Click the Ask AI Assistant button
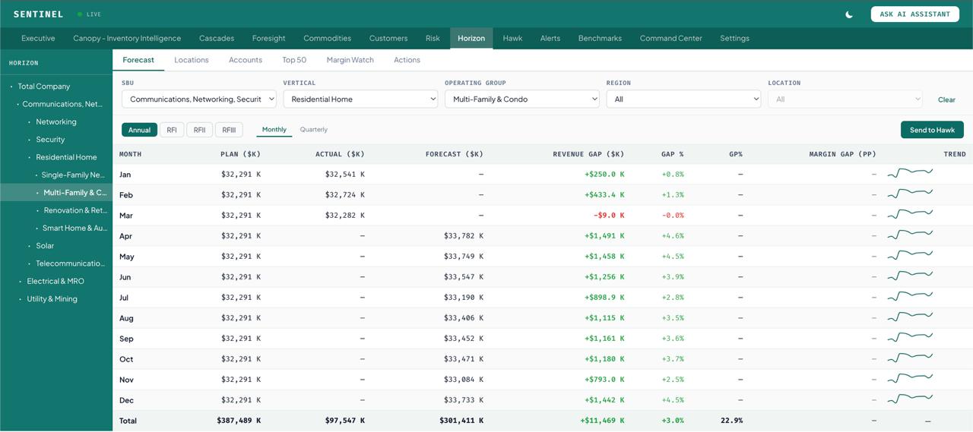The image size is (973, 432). (914, 14)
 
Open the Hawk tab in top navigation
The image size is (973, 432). (512, 38)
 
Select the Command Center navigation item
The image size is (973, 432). (670, 38)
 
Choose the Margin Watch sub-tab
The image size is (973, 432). (350, 60)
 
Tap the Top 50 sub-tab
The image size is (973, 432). (294, 60)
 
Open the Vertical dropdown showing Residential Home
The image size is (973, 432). (360, 99)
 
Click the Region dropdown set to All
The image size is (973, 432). (683, 99)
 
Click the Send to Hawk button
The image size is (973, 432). (932, 130)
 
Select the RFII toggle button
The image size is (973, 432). (199, 130)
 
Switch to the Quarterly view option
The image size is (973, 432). (313, 130)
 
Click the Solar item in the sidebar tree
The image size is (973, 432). (45, 246)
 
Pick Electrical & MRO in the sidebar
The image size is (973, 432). (55, 281)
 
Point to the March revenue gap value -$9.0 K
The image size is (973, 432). (609, 216)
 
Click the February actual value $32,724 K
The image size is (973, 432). (344, 195)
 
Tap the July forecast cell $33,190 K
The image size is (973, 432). (463, 298)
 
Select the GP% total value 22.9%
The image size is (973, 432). (731, 421)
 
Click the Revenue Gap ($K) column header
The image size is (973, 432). (588, 154)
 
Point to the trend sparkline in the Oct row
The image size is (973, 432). (910, 358)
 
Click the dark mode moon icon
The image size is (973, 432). (849, 14)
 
